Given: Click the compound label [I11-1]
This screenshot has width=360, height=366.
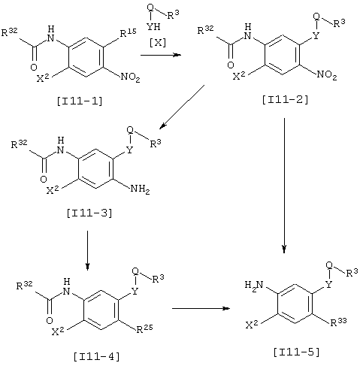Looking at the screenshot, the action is click(80, 101).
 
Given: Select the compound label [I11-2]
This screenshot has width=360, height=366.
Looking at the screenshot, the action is click(285, 100).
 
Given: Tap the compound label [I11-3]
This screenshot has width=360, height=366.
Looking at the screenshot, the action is click(89, 213).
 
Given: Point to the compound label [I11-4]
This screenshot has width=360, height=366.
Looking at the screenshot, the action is click(97, 356).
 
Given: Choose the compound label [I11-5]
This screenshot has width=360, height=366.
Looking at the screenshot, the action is click(297, 352).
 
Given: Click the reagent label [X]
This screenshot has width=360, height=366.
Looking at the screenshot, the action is click(158, 43).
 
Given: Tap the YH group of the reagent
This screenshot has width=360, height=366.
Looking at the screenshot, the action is click(153, 26).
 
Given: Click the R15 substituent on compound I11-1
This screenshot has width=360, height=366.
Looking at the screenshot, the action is click(129, 33).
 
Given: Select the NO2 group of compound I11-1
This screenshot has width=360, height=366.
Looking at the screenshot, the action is click(130, 77).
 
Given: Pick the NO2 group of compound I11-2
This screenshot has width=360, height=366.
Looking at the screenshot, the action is click(327, 74).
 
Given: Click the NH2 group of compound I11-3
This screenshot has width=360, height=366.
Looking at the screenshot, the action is click(140, 189).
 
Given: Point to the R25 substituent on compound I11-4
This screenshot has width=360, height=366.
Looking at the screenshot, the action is click(144, 328).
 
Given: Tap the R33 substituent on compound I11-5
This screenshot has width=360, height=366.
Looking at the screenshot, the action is click(338, 322).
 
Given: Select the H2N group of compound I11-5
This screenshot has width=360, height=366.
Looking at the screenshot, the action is click(254, 285).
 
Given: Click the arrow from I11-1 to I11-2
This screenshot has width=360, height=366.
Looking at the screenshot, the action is click(161, 55).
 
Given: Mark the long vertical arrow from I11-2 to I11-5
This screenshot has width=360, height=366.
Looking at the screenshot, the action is click(284, 186).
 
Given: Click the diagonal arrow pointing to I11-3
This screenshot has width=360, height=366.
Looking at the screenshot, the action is click(182, 107).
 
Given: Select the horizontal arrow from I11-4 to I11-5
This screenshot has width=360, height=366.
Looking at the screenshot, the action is click(201, 308).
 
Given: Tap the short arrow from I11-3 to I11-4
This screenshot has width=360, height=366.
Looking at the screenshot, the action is click(87, 250).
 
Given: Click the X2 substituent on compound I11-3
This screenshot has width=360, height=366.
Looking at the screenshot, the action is click(53, 190).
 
